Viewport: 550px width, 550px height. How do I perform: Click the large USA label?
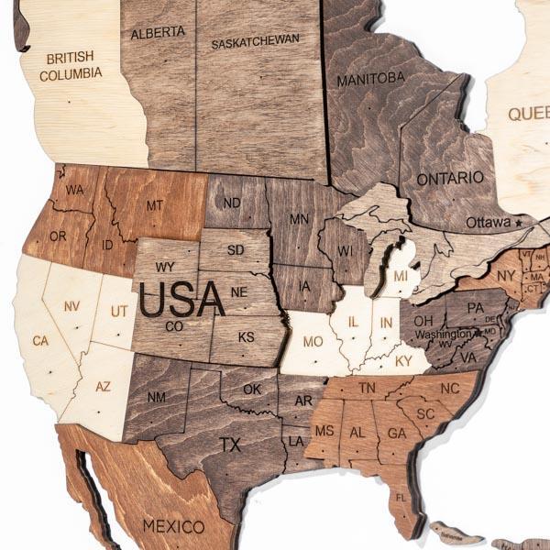click(x=182, y=299)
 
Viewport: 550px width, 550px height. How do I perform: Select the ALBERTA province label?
click(x=158, y=32)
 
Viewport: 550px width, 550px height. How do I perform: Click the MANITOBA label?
click(x=370, y=80)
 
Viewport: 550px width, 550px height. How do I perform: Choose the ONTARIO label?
click(x=449, y=178)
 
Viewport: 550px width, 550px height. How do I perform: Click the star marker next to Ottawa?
click(x=519, y=222)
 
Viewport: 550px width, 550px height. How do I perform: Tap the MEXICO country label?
click(x=173, y=526)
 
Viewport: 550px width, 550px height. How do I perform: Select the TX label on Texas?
click(x=230, y=445)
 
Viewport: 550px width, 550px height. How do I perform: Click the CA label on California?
click(x=40, y=341)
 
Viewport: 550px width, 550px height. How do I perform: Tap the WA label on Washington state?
click(x=74, y=190)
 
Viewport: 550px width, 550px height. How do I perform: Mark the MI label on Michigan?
click(x=401, y=276)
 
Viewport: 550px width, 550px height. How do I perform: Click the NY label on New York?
click(x=506, y=274)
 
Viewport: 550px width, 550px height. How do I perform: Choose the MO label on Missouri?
click(x=313, y=342)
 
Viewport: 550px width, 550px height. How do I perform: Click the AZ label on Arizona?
click(x=103, y=387)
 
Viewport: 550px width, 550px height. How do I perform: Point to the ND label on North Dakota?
click(x=233, y=203)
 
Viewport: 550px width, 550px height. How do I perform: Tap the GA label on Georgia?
click(x=396, y=433)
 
